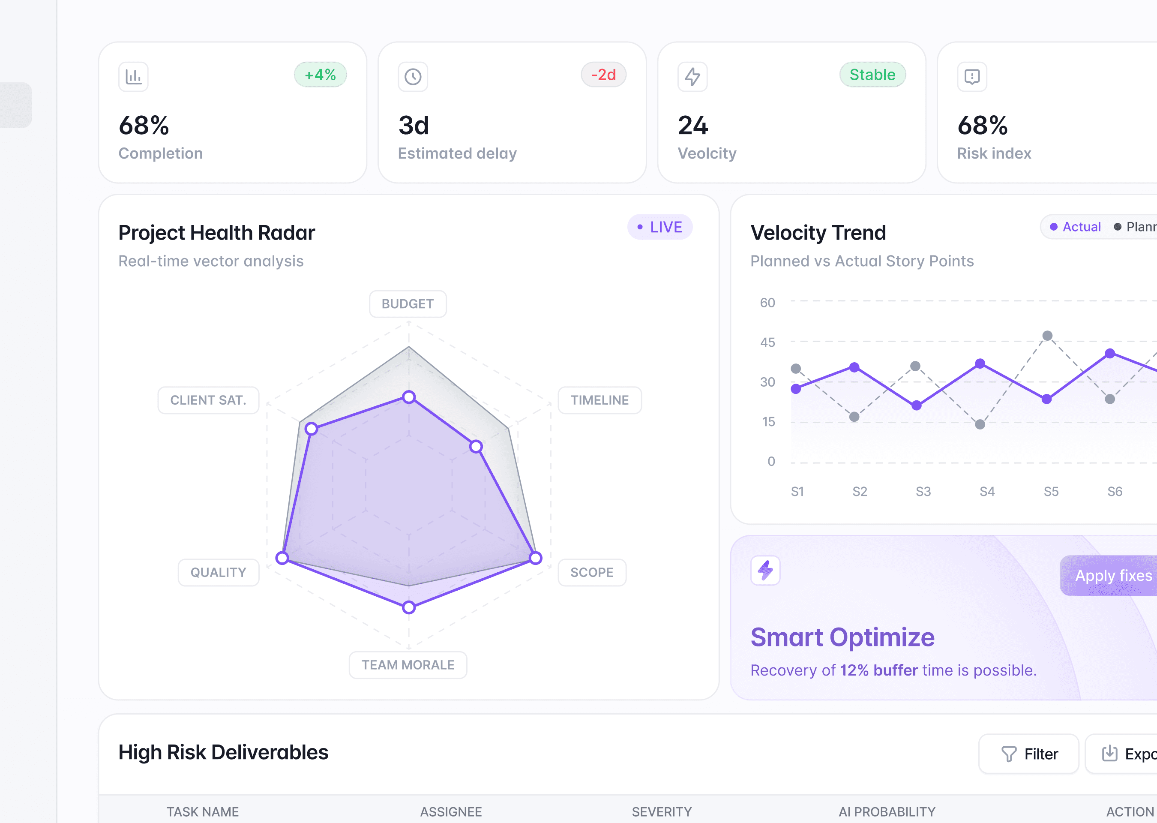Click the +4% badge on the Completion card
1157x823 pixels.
coord(320,75)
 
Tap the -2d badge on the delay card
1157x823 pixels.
coord(603,75)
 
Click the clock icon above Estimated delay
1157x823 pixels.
coord(413,77)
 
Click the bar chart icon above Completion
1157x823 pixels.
coord(133,77)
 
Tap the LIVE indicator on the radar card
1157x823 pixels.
coord(659,227)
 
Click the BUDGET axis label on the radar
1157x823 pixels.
coord(408,304)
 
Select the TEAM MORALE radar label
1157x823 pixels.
coord(408,665)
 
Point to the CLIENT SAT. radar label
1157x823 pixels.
coord(208,400)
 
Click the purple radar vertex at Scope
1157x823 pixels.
coord(536,558)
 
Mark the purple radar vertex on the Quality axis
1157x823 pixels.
coord(282,558)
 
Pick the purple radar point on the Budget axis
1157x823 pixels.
coord(409,397)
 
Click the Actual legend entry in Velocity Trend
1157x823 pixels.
coord(1076,227)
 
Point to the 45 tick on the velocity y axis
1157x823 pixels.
coord(767,342)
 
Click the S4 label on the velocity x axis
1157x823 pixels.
coord(987,492)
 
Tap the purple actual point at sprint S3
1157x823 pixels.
coord(916,405)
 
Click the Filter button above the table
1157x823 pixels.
coord(1029,754)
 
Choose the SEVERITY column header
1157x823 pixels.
coord(662,812)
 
